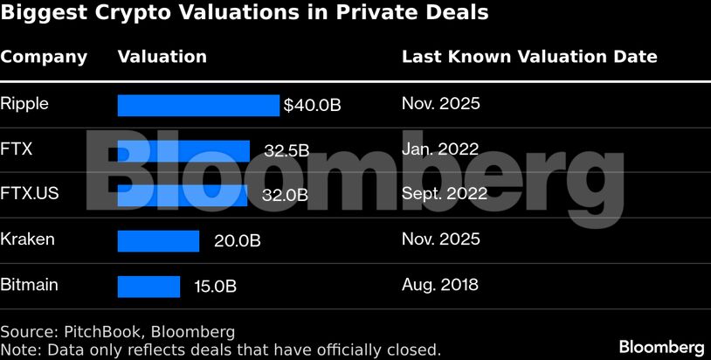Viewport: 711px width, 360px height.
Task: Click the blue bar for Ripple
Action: click(x=198, y=105)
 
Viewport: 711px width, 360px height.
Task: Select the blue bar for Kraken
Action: click(x=158, y=240)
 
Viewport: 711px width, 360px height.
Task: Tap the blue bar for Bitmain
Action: click(x=148, y=286)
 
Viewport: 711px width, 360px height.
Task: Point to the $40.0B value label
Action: click(x=312, y=105)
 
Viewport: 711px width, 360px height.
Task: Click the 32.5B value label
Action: click(x=286, y=150)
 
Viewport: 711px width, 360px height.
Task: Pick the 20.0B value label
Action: click(x=237, y=240)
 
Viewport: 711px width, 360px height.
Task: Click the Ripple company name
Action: click(x=24, y=104)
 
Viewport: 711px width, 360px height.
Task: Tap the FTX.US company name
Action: click(x=30, y=193)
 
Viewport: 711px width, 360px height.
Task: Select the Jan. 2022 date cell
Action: click(x=439, y=149)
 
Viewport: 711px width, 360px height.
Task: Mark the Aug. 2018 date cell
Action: click(x=440, y=284)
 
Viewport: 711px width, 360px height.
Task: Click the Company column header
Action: click(x=44, y=58)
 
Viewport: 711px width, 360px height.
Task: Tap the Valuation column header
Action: click(x=162, y=57)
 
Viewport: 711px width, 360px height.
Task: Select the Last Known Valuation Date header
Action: click(x=529, y=57)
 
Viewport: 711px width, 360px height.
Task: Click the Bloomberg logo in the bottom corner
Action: click(x=661, y=346)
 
